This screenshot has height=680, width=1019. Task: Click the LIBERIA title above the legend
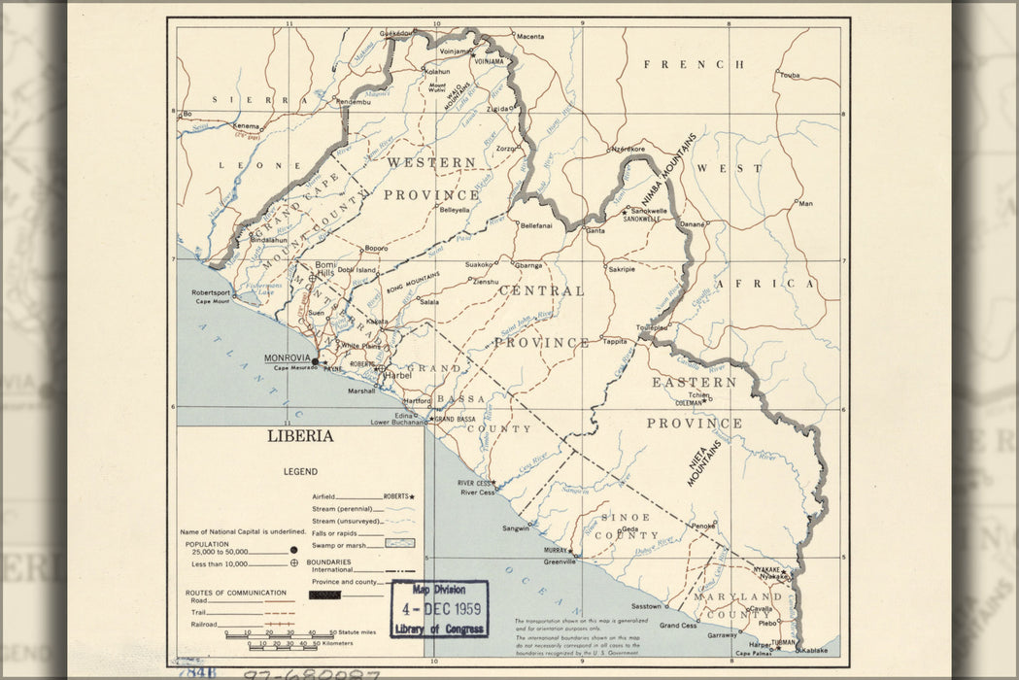300,436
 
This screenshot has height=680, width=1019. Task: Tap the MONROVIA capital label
288,357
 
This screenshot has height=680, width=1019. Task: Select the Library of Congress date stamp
439,609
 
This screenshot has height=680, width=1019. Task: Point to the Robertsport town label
211,292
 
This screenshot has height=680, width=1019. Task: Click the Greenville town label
560,561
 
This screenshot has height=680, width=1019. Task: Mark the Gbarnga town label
528,264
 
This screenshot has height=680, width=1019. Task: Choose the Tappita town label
615,341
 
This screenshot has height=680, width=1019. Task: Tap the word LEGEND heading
300,471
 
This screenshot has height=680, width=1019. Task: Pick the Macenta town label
530,37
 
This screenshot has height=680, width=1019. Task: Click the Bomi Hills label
324,269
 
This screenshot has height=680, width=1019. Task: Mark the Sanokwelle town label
649,211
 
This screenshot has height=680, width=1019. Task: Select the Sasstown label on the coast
646,606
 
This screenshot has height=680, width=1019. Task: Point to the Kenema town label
247,126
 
